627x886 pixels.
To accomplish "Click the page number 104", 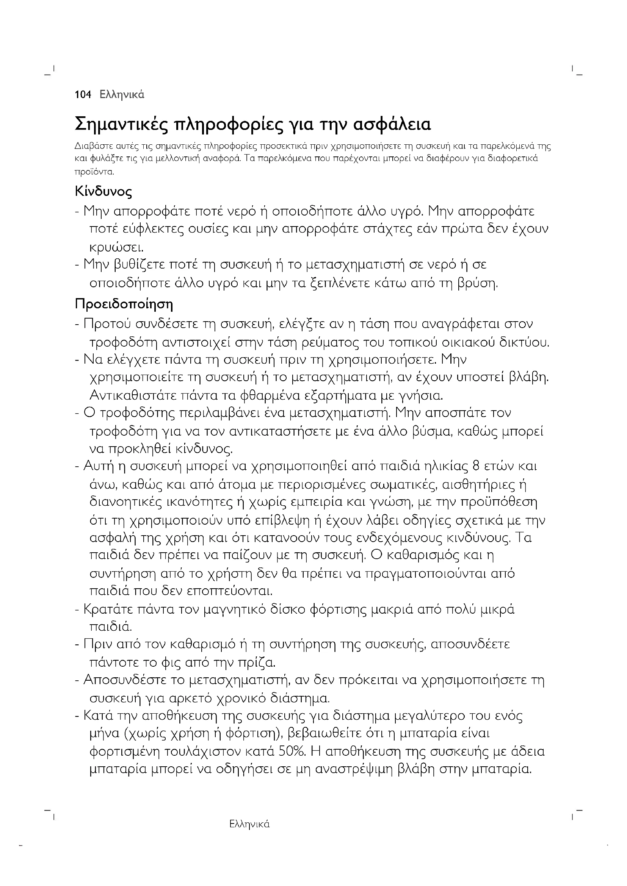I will click(x=83, y=95).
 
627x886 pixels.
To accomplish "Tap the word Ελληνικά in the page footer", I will click(x=249, y=824).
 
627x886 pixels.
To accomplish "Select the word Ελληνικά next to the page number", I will click(x=122, y=95).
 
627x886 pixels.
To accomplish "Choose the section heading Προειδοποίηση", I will click(x=124, y=304).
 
